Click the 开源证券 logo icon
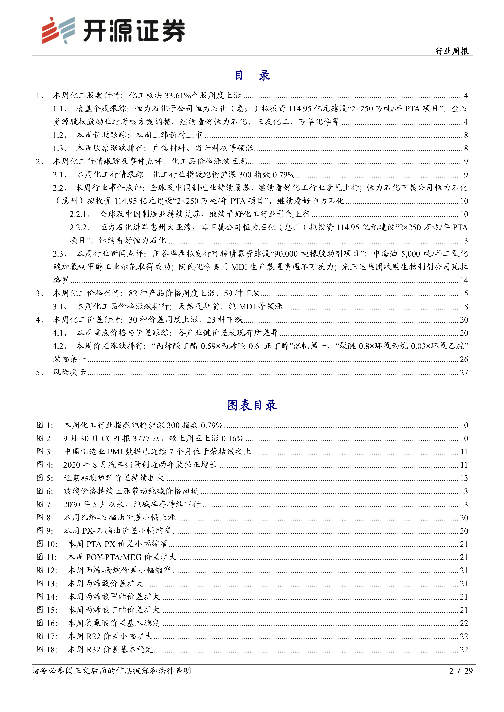(58, 30)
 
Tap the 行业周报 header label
(452, 51)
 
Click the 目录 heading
(252, 75)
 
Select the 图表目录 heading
(252, 405)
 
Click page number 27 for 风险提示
(464, 372)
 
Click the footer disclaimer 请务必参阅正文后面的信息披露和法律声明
(111, 671)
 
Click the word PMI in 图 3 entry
(115, 452)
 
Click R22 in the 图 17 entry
(93, 636)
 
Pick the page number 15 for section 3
(464, 293)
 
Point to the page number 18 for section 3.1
(464, 307)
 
